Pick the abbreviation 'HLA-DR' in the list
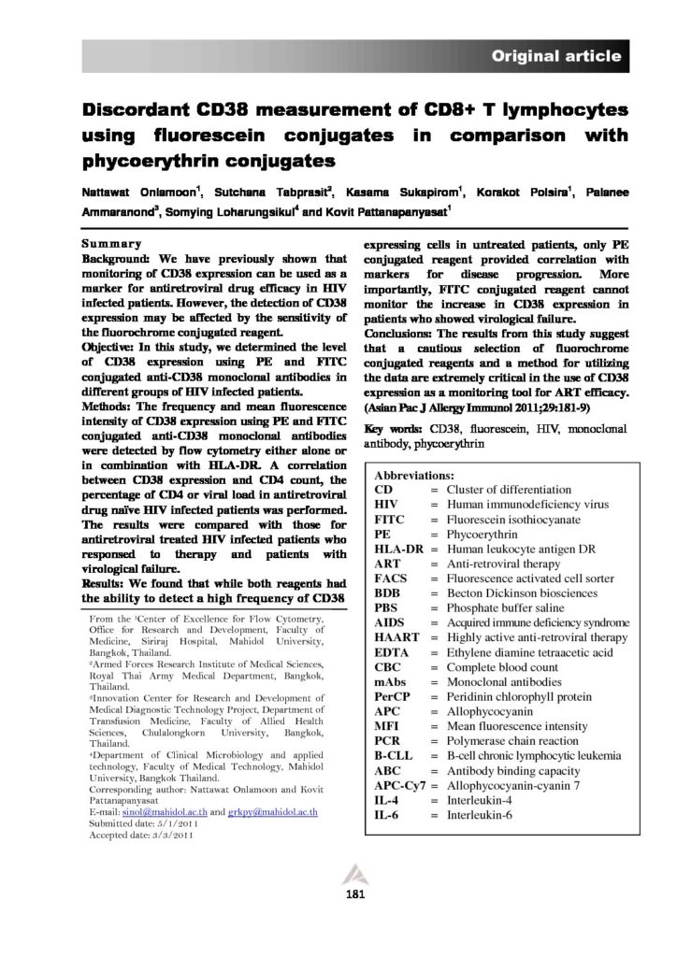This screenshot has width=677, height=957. coord(396,548)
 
